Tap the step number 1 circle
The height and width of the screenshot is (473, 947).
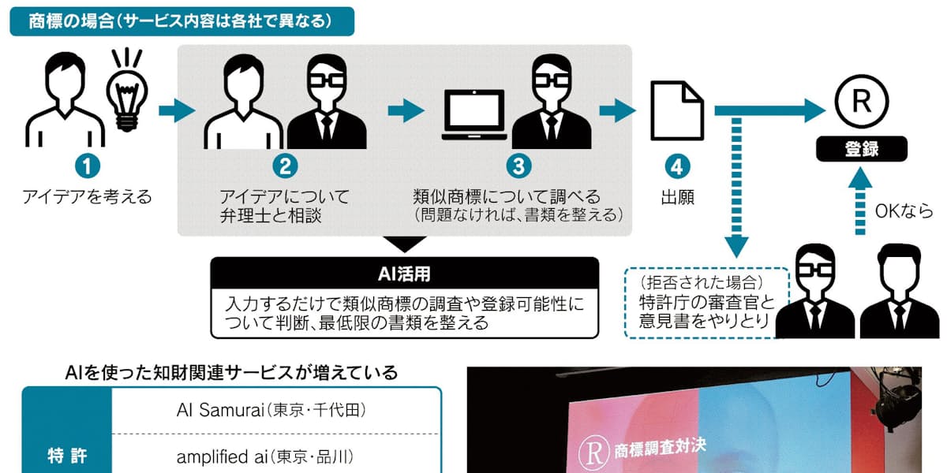click(88, 166)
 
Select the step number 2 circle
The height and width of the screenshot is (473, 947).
click(285, 166)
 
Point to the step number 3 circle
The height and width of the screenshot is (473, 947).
click(517, 166)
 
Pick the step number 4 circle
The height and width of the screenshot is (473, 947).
click(676, 166)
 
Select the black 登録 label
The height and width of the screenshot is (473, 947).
click(861, 149)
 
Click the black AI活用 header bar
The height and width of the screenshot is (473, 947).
click(403, 274)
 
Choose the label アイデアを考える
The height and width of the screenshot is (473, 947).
click(88, 196)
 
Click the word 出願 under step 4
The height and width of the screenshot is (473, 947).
click(676, 196)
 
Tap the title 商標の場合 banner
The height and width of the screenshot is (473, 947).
click(182, 21)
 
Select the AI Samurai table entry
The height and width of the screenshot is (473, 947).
click(271, 411)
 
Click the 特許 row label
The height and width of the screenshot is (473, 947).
click(66, 456)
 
